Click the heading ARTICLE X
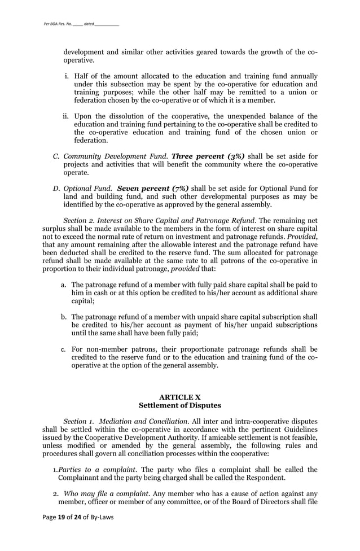[179, 397]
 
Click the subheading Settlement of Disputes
[179, 405]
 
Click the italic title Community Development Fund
[115, 156]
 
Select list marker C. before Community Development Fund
[56, 156]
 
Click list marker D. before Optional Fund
[56, 188]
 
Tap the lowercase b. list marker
[64, 317]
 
